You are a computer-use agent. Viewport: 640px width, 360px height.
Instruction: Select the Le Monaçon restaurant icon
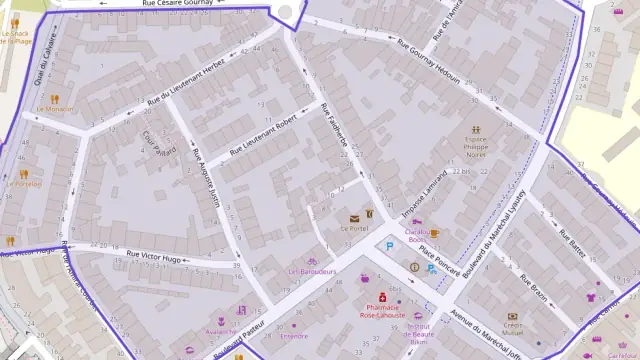coord(56,98)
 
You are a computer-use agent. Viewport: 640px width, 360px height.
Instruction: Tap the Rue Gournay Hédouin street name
coord(441,68)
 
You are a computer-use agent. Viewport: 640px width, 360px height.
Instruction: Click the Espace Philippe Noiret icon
coord(477,129)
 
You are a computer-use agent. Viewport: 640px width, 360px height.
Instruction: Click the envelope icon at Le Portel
coord(354,217)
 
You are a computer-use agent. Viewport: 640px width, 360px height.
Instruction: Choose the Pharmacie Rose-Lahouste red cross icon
coord(382,297)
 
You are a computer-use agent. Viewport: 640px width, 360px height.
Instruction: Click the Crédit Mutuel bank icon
coord(513,315)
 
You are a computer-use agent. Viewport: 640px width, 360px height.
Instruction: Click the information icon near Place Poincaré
coord(414,267)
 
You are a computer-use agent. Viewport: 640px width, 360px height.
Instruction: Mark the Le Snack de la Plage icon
coord(14,22)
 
